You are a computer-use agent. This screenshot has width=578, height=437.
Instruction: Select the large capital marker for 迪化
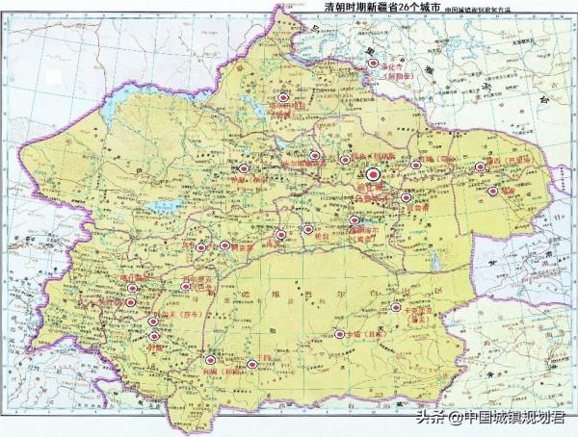click(x=375, y=175)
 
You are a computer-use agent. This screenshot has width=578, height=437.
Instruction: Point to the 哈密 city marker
click(x=493, y=192)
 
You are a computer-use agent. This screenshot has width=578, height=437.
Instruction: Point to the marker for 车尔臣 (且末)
click(x=338, y=334)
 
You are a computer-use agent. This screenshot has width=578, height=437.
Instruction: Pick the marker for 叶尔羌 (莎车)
click(x=152, y=321)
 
